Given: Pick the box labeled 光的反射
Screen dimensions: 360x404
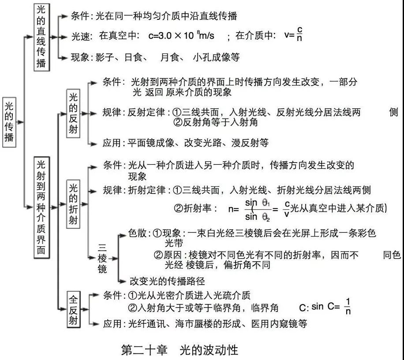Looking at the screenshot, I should [73, 113].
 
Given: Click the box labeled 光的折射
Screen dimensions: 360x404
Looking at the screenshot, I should [73, 204].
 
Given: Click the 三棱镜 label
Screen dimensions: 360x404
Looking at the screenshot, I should [102, 258].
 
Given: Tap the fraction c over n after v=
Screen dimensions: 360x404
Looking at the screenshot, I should [299, 35].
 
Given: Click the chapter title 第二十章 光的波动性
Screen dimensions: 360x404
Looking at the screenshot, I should [180, 350].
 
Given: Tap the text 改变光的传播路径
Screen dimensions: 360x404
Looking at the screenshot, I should [167, 281].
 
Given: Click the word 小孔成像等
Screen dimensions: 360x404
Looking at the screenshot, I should [222, 57].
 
